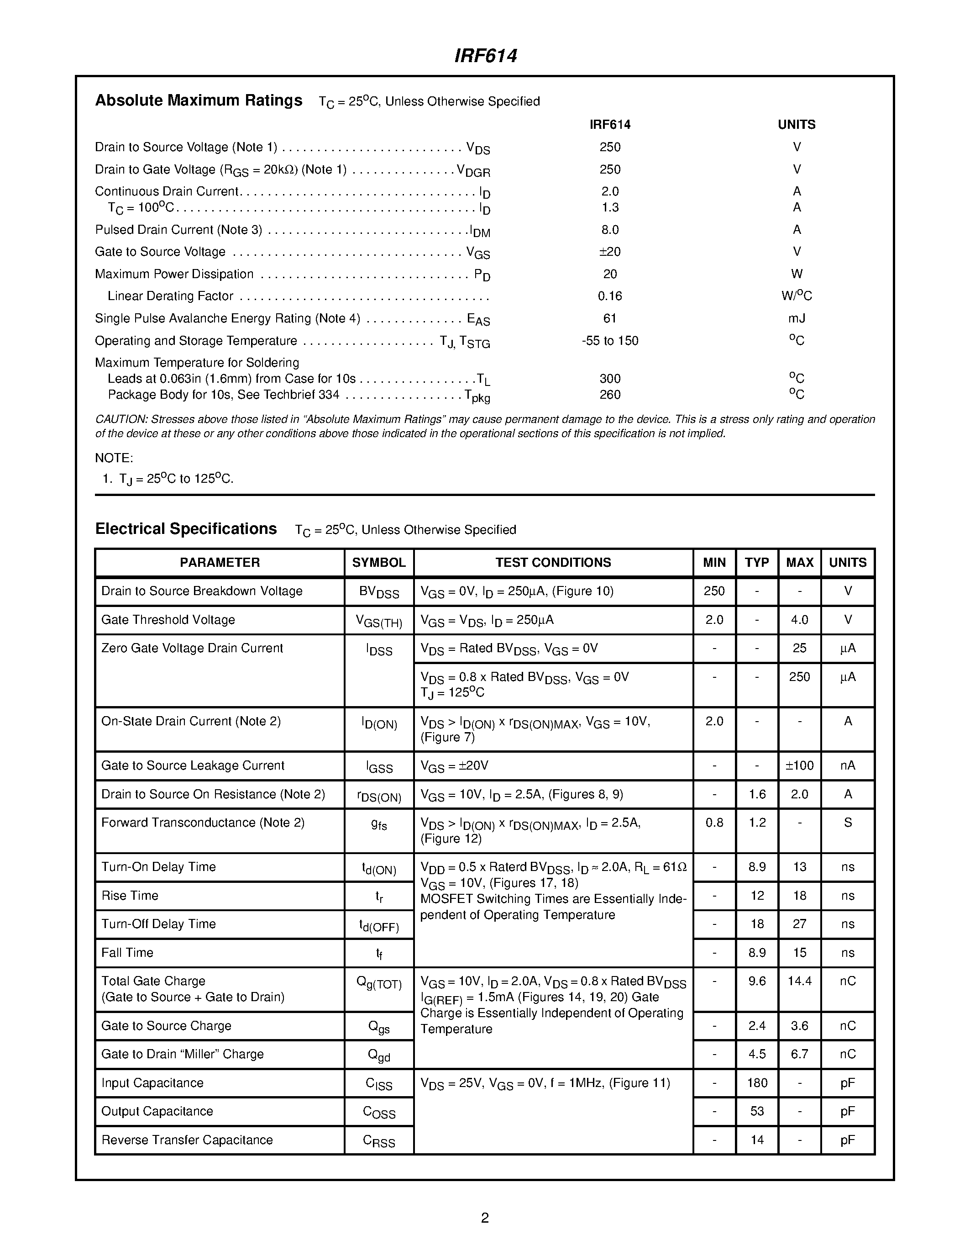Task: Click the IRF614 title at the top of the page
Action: [486, 56]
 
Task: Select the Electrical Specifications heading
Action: [186, 529]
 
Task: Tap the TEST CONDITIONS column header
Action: [553, 562]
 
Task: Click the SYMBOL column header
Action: [379, 562]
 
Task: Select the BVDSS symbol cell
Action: [379, 592]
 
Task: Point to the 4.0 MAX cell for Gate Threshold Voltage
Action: [799, 620]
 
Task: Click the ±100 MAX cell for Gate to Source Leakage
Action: [799, 765]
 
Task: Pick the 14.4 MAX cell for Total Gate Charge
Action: [799, 981]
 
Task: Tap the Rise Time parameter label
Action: [130, 896]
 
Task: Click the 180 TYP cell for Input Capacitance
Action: [757, 1083]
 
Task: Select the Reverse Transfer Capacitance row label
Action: [187, 1140]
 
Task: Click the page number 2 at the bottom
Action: [484, 1218]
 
